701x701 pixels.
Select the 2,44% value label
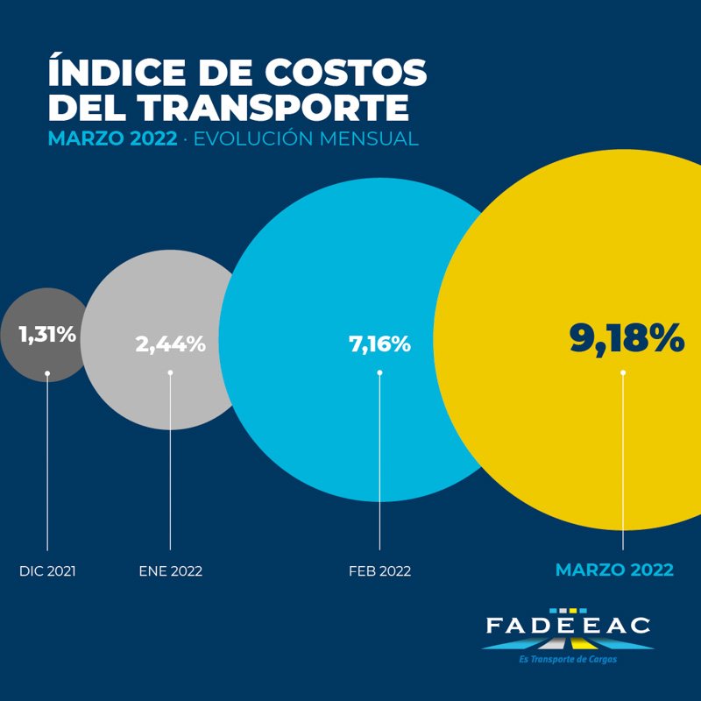point(170,343)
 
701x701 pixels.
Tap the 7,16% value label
point(379,343)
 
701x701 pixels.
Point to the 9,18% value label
point(627,338)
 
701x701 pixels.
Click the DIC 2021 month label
point(47,571)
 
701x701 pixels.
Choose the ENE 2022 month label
point(170,571)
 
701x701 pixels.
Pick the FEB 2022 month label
point(379,571)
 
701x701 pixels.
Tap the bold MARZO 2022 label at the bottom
point(614,570)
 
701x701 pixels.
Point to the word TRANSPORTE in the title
point(266,107)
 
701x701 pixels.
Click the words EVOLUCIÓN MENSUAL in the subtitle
point(306,139)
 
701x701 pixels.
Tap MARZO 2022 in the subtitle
point(111,139)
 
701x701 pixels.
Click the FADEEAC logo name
point(568,627)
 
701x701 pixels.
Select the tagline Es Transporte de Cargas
point(568,659)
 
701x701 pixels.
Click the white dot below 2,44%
point(170,372)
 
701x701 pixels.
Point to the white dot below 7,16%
point(379,372)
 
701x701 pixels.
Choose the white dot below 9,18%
point(623,372)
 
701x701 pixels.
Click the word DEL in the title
point(86,107)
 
